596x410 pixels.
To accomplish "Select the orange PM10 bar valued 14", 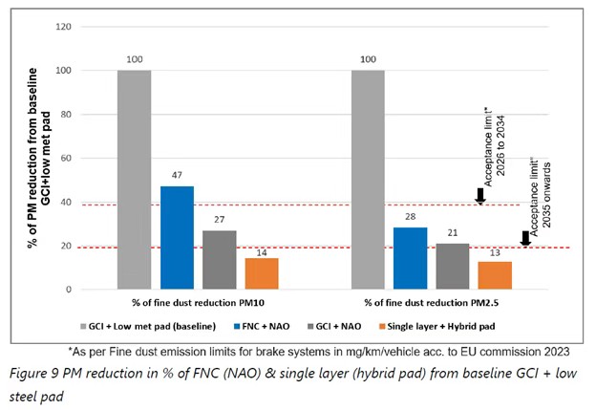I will pos(262,273).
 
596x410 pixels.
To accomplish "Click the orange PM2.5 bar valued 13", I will pos(495,274).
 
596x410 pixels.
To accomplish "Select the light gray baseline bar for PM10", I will pos(135,179).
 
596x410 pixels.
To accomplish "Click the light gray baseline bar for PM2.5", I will pos(368,179).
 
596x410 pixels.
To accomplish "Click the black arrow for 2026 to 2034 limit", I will pos(480,195).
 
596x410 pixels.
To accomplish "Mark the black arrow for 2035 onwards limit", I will pos(526,238).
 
